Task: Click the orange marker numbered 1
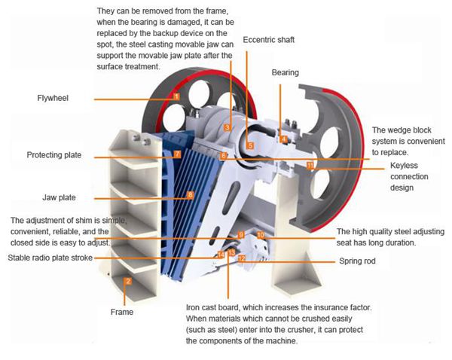pyautogui.click(x=176, y=96)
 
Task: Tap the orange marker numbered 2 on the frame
pyautogui.click(x=128, y=282)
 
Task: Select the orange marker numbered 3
pyautogui.click(x=227, y=128)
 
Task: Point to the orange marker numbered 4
pyautogui.click(x=283, y=139)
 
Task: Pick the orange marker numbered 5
pyautogui.click(x=251, y=145)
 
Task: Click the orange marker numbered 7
pyautogui.click(x=177, y=154)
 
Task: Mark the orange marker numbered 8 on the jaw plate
pyautogui.click(x=190, y=195)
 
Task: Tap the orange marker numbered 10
pyautogui.click(x=261, y=235)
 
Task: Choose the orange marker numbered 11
pyautogui.click(x=310, y=163)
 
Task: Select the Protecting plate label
pyautogui.click(x=53, y=155)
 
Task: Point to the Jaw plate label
pyautogui.click(x=59, y=197)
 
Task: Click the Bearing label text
pyautogui.click(x=286, y=73)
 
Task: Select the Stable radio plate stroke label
pyautogui.click(x=50, y=258)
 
